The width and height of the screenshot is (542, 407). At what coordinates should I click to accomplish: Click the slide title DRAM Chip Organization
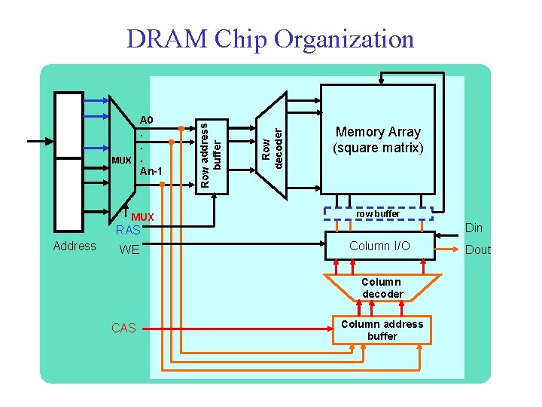tap(270, 38)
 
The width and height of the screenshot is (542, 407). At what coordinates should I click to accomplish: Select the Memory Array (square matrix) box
tap(378, 139)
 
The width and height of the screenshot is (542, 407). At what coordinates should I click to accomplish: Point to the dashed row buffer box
tap(378, 214)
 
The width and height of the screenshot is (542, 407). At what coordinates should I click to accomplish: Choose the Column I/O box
tap(379, 246)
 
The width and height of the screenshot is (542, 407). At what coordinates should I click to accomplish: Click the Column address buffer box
tap(382, 329)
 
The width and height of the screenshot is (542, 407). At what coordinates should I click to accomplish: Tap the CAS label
tap(123, 328)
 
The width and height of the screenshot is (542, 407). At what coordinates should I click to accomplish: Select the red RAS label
tap(128, 231)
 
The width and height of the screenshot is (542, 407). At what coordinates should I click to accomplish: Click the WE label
tap(129, 249)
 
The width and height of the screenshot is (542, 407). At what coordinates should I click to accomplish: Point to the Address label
tap(75, 246)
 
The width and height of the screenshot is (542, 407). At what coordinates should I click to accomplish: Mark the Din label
tap(473, 228)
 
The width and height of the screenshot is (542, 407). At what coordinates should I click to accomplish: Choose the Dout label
tap(477, 249)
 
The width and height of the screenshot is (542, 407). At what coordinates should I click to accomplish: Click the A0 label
tap(146, 120)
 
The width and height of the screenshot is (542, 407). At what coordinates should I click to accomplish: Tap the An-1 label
tap(151, 172)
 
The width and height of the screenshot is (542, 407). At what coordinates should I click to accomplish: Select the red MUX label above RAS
tap(142, 217)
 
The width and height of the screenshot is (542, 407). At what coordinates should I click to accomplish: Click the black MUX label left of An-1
tap(120, 161)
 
